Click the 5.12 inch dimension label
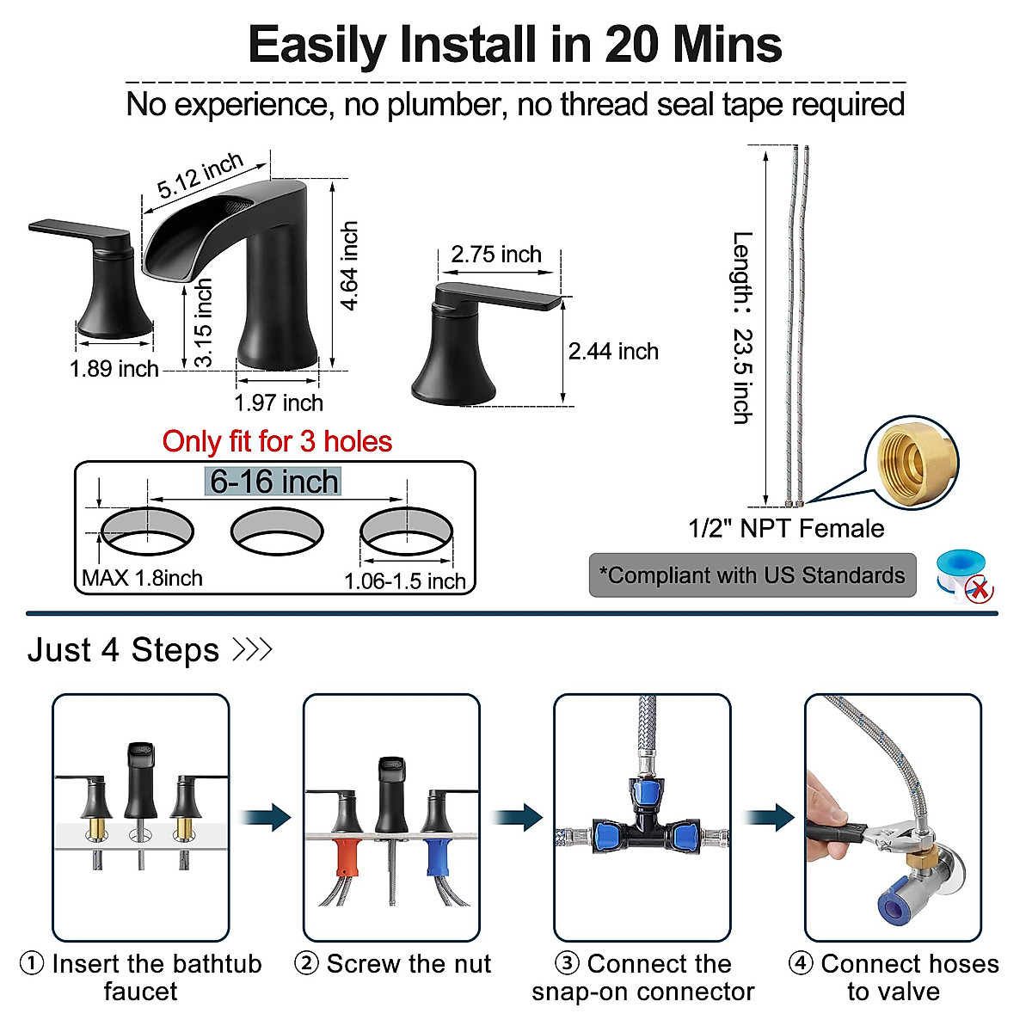[x=200, y=175]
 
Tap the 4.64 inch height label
[x=348, y=265]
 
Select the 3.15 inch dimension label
[x=202, y=322]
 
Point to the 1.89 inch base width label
[x=114, y=369]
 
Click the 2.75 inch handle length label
[x=496, y=255]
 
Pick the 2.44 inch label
[x=613, y=351]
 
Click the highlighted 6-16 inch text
[x=274, y=482]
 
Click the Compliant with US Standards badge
[x=752, y=575]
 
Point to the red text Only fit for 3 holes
[x=277, y=442]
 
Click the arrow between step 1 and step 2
[x=267, y=817]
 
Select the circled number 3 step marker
[x=566, y=964]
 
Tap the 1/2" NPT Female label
[x=786, y=528]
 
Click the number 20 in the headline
[x=634, y=45]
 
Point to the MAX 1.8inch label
[x=142, y=578]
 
